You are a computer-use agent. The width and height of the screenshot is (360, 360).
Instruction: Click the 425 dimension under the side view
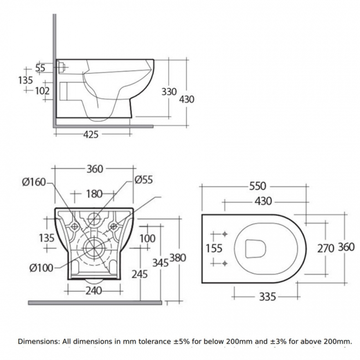[x=91, y=135]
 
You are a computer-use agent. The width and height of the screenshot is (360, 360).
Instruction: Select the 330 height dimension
[x=169, y=92]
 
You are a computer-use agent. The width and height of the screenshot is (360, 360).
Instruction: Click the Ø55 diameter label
[x=143, y=180]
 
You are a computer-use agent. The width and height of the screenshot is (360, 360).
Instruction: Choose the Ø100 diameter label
[x=40, y=268]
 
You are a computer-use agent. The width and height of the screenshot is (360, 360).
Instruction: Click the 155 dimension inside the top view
[x=214, y=248]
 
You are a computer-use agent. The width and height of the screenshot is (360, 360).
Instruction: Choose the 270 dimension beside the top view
[x=325, y=248]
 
